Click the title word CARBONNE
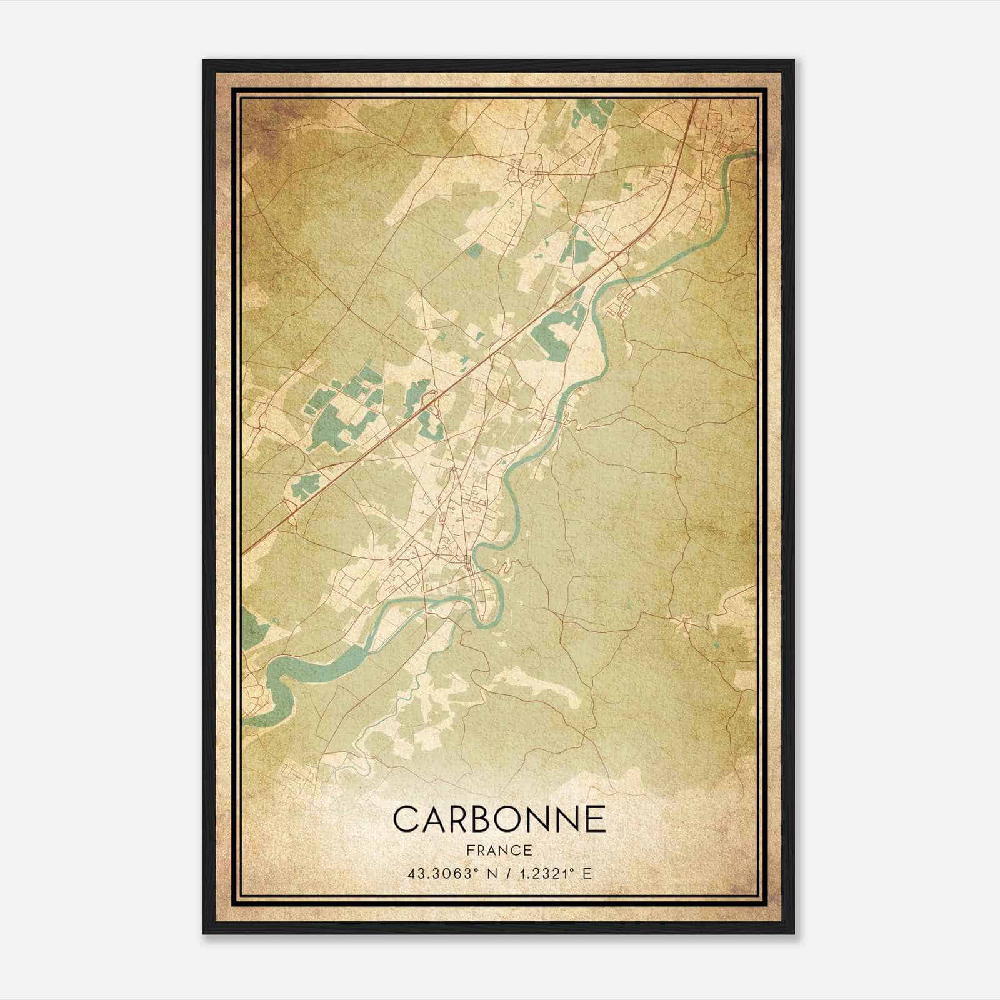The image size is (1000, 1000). coord(499,818)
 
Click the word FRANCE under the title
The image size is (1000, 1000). coord(499,850)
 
